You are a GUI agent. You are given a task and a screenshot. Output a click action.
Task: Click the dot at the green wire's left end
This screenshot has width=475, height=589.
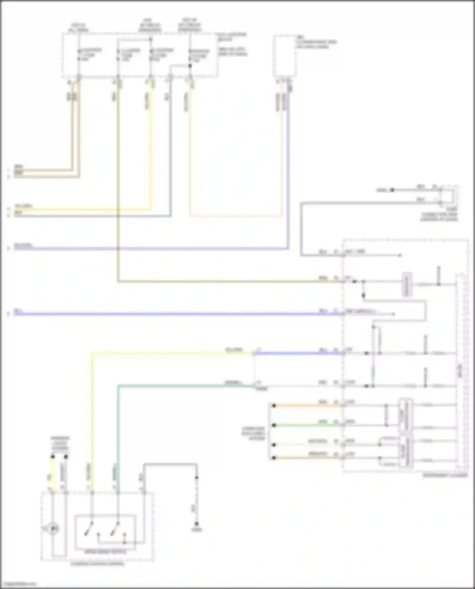click(x=274, y=425)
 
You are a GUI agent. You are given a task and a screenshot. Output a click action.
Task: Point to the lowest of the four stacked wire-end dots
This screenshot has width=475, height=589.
click(x=274, y=458)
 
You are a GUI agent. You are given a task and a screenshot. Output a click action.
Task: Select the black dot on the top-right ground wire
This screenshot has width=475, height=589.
click(x=392, y=190)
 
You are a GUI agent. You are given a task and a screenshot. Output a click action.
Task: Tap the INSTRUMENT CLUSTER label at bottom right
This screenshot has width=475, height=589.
click(x=445, y=475)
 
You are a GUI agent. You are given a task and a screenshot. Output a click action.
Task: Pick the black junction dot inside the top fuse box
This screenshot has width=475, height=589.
click(x=190, y=66)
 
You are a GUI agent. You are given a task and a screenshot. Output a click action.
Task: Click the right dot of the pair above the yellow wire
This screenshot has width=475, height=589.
click(x=66, y=457)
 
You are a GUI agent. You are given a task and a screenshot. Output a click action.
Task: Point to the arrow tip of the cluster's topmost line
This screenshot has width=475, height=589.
click(x=401, y=255)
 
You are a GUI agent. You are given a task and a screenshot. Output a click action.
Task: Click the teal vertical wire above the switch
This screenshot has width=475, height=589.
click(x=118, y=437)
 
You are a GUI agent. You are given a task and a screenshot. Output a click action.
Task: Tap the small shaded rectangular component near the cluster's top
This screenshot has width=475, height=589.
click(x=407, y=284)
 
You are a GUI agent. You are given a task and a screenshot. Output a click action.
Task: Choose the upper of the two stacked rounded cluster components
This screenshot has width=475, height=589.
click(x=406, y=415)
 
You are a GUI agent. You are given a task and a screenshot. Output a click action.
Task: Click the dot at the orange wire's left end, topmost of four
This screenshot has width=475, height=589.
click(x=274, y=405)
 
